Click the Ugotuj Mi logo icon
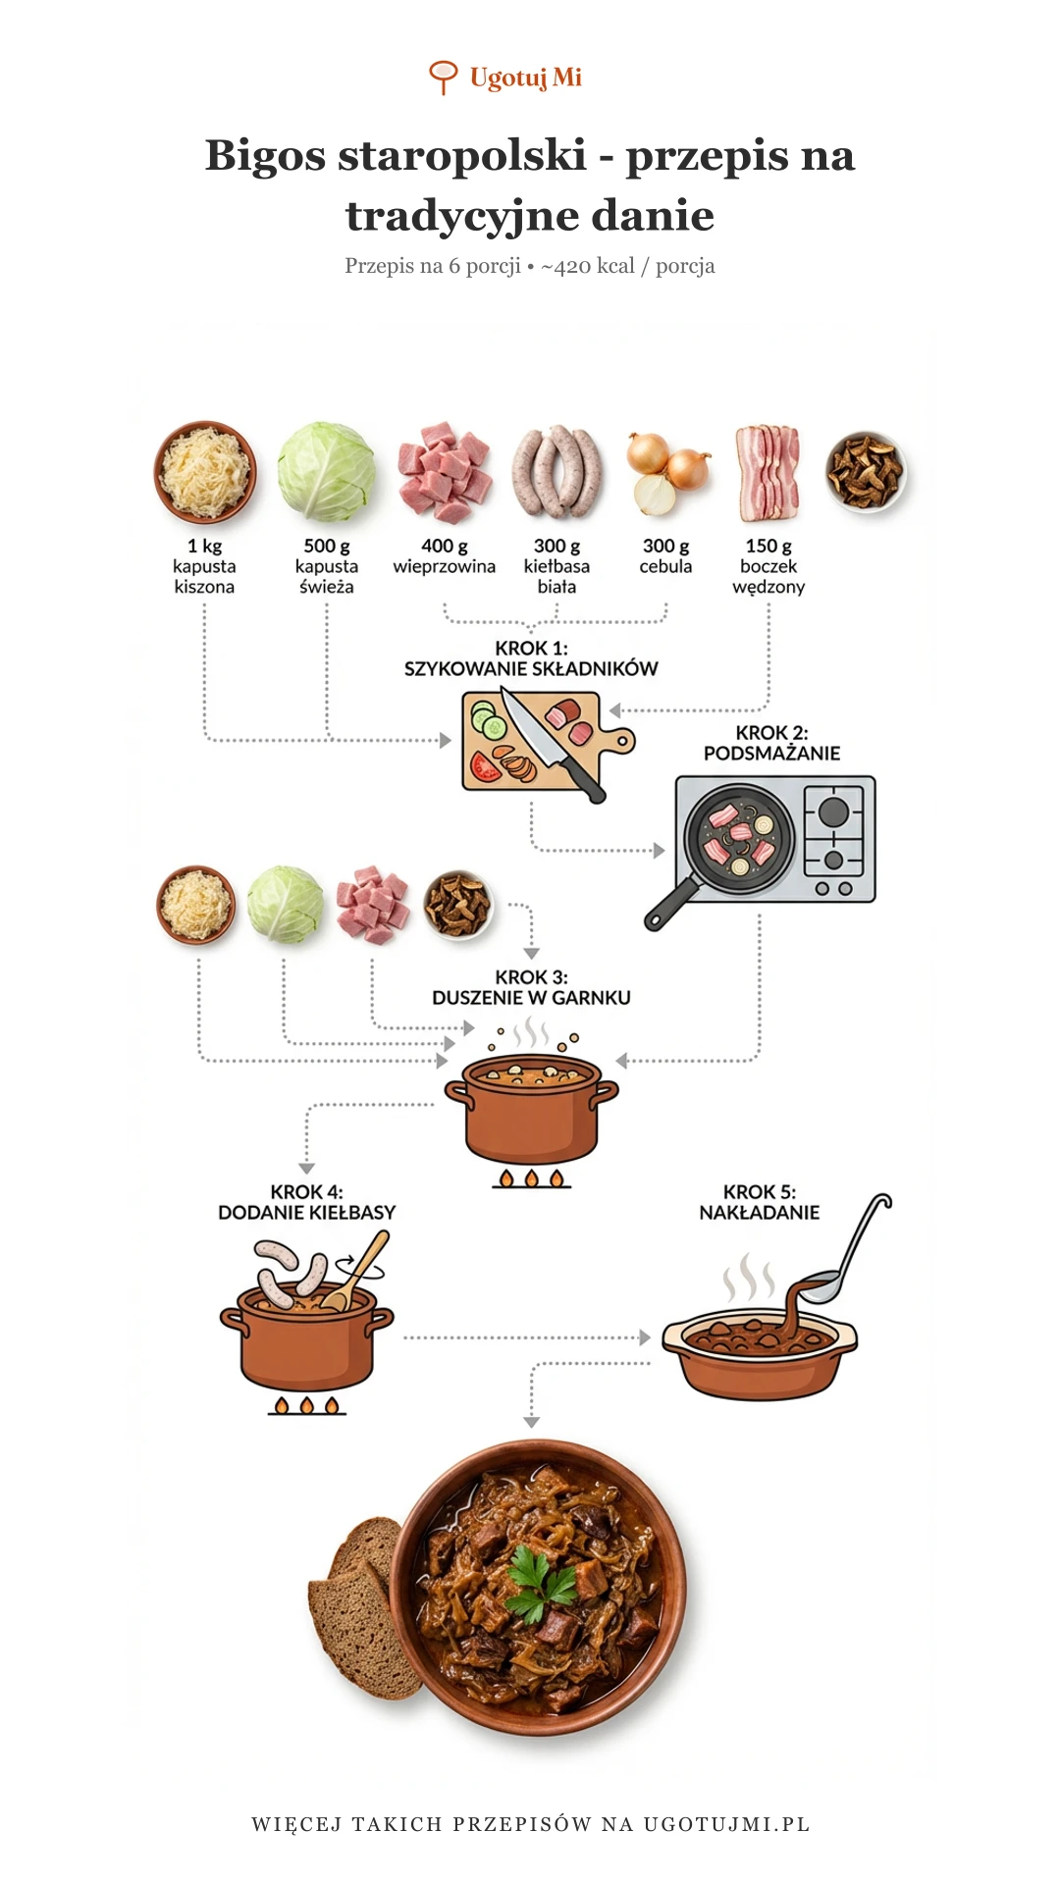coord(444,77)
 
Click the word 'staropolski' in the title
coord(462,155)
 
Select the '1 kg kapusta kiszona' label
coord(204,566)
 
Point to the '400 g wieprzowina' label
coord(444,556)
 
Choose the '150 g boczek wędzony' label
coord(768,566)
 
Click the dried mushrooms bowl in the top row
coord(865,472)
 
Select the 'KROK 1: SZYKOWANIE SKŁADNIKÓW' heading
coord(531,658)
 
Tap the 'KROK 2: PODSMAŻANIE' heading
coord(771,743)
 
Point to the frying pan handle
coord(669,905)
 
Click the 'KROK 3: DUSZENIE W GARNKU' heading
coord(531,987)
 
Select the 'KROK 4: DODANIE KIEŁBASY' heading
coord(306,1202)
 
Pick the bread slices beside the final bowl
coord(358,1599)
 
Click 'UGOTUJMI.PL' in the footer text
coord(726,1824)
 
